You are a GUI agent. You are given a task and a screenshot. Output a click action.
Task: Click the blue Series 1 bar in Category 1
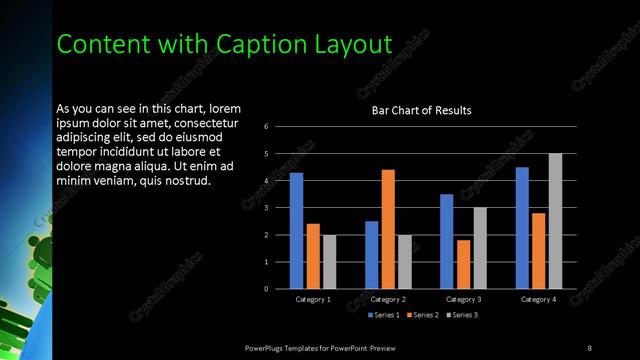point(296,230)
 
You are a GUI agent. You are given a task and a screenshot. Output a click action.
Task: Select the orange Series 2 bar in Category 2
point(388,229)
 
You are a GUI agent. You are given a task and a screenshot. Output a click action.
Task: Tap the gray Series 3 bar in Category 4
point(555,221)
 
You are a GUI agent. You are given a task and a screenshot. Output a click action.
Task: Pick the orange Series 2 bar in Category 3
point(463,264)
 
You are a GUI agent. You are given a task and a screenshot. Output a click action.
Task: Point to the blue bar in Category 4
point(522,228)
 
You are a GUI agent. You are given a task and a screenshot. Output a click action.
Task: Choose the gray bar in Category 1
point(329,261)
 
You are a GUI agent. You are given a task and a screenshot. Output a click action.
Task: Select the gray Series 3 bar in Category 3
point(480,248)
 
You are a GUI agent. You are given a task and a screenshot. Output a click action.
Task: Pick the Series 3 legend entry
point(462,315)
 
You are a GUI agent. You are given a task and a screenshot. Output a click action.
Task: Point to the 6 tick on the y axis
point(266,127)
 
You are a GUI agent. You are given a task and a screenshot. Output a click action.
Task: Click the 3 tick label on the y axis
point(266,208)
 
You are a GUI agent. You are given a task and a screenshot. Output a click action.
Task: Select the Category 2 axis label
point(388,299)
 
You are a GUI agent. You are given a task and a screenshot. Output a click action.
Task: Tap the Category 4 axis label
point(538,299)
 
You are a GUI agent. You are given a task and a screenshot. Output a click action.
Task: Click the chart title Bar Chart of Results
point(421,110)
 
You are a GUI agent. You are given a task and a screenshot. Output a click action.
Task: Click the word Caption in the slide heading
point(257,43)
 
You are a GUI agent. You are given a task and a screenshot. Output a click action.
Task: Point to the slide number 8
point(589,347)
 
